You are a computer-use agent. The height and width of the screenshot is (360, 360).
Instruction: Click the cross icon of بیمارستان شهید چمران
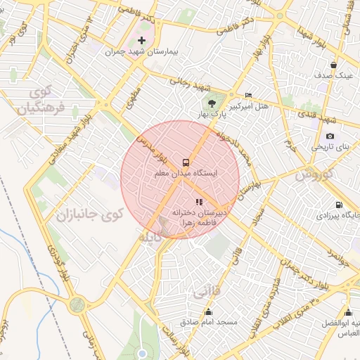tap(143, 40)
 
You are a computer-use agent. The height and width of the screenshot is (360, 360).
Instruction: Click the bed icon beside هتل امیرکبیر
tap(247, 95)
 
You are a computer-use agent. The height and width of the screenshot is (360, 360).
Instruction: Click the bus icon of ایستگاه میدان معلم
tap(186, 160)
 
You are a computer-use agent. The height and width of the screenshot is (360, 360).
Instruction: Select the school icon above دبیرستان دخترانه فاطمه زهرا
tap(189, 202)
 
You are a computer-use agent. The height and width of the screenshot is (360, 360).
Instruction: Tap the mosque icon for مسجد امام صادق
tap(207, 311)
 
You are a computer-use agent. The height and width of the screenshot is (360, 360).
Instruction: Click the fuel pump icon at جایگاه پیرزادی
tap(339, 205)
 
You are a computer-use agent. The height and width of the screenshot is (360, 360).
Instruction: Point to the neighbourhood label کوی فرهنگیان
tap(41, 101)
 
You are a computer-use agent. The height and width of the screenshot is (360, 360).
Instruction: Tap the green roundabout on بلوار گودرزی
tap(77, 305)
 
